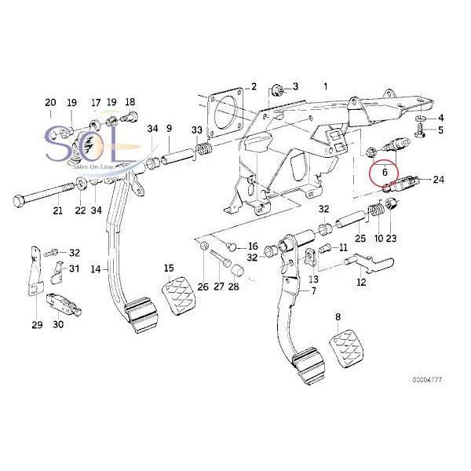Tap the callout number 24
click(x=438, y=180)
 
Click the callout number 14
click(x=95, y=269)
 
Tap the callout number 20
click(x=50, y=103)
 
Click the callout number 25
click(x=360, y=239)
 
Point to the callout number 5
click(x=440, y=130)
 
